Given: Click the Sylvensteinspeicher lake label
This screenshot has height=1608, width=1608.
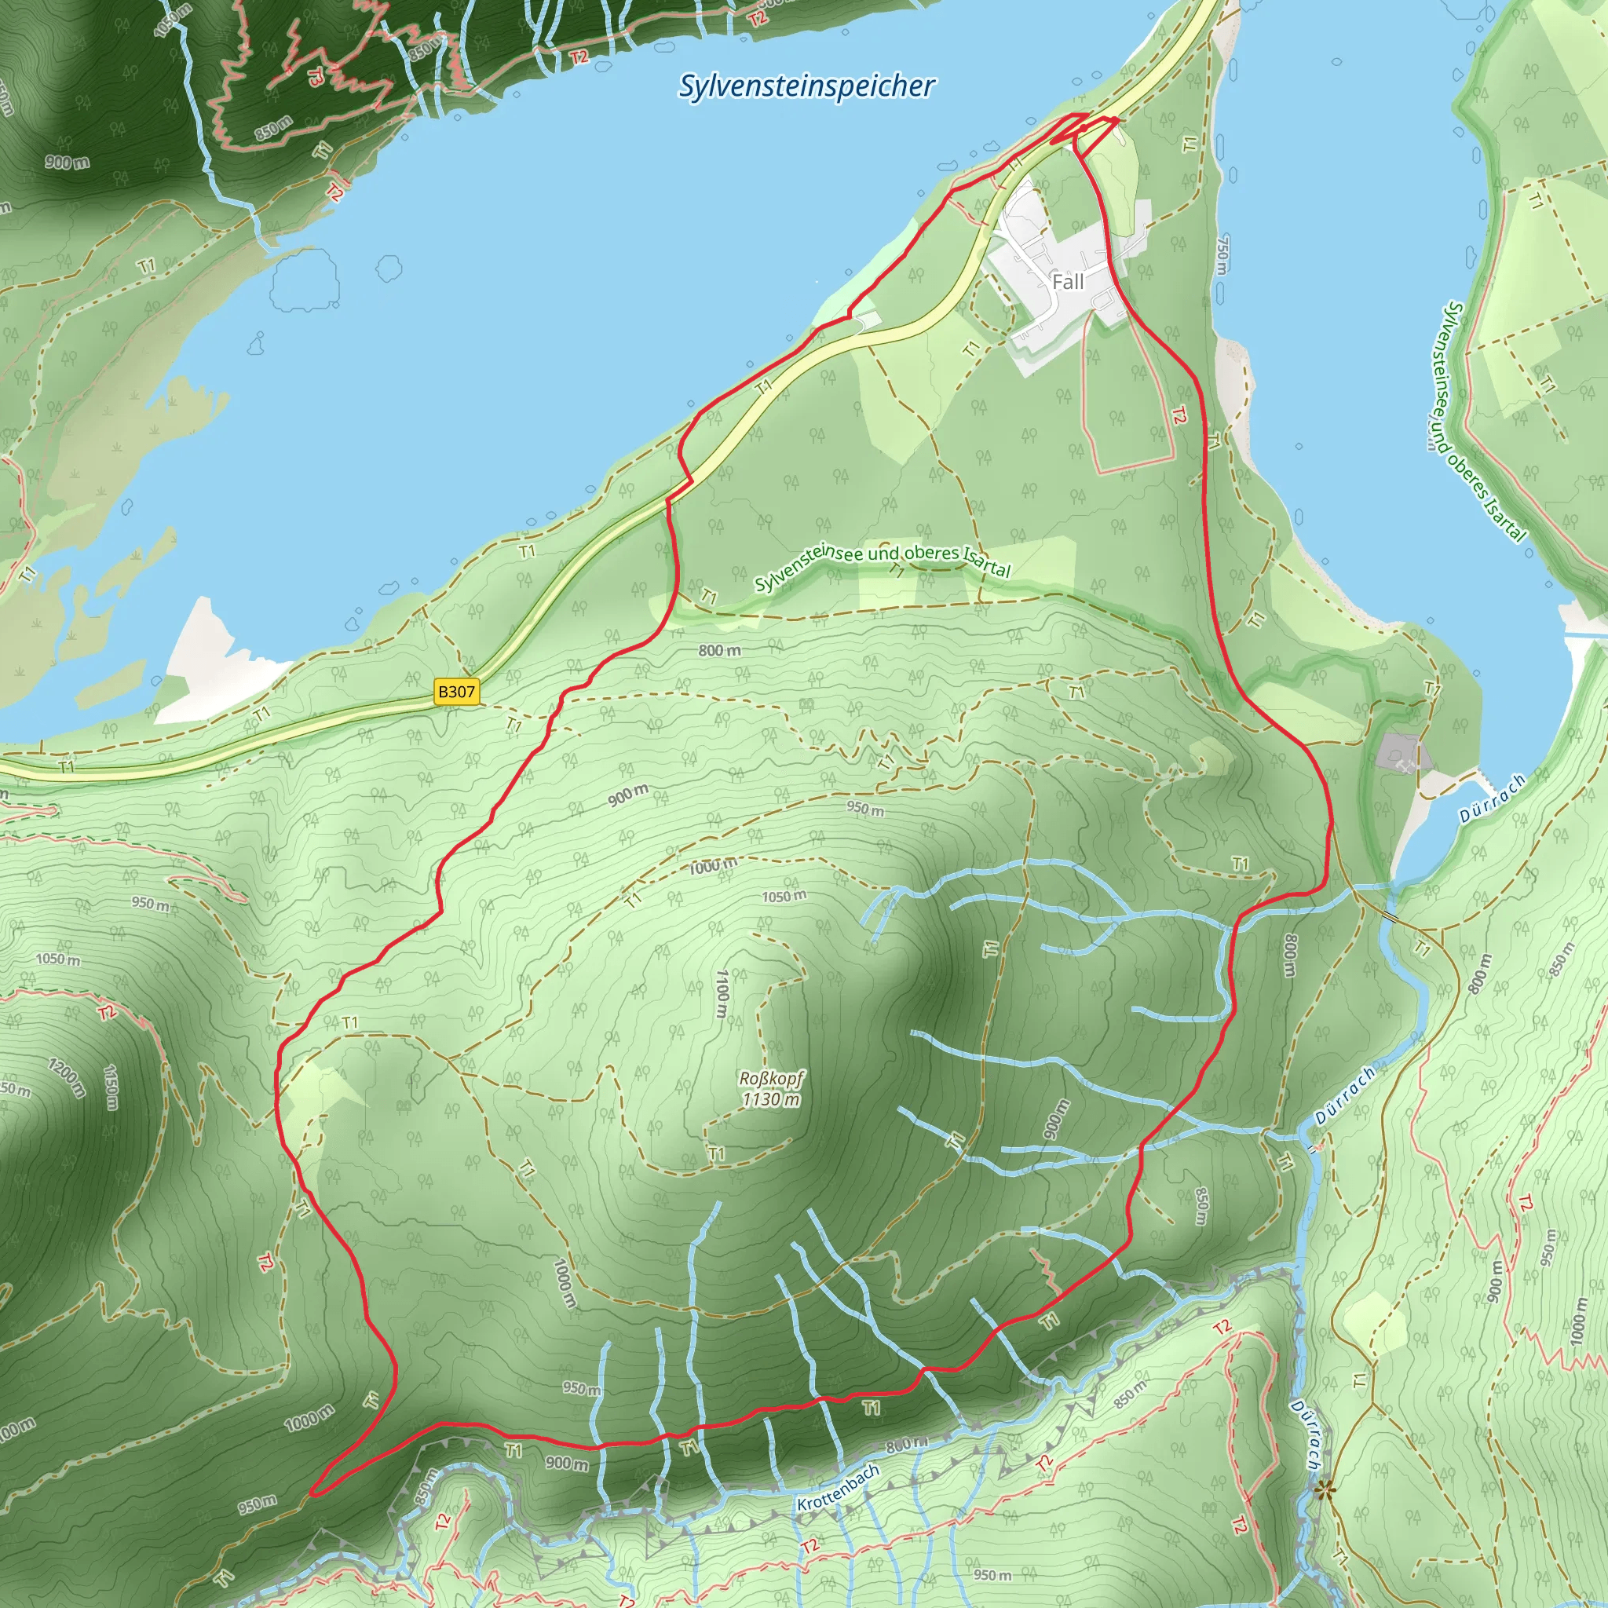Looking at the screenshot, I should tap(806, 86).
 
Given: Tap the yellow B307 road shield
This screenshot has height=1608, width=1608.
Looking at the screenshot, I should tap(457, 692).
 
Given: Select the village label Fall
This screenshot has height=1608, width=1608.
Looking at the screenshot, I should tap(1067, 282).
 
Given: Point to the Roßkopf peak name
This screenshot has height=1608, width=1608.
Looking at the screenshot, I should tap(772, 1079).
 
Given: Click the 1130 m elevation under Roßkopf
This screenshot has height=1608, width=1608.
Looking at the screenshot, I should tap(772, 1099).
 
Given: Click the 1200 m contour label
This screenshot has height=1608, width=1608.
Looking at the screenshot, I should tap(67, 1077).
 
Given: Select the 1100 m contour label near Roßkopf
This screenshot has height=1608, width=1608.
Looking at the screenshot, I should tap(722, 993).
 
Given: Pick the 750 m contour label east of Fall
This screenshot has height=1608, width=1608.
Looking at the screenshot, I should tap(1222, 255).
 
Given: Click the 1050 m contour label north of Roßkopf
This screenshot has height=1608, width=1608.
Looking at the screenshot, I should tap(784, 897).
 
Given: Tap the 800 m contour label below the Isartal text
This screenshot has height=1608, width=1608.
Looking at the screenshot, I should tap(719, 651).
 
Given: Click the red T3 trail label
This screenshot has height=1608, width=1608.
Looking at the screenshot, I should tap(316, 78).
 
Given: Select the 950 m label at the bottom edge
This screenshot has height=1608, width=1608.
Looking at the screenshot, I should tap(992, 1575).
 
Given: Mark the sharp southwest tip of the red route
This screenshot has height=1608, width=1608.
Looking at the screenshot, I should tap(313, 1494).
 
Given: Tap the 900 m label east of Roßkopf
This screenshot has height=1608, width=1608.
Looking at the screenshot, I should tap(1054, 1120).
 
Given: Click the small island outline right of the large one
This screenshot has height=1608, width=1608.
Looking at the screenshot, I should tap(389, 268).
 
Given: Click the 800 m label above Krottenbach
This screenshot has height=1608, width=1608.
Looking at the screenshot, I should tap(907, 1444).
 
